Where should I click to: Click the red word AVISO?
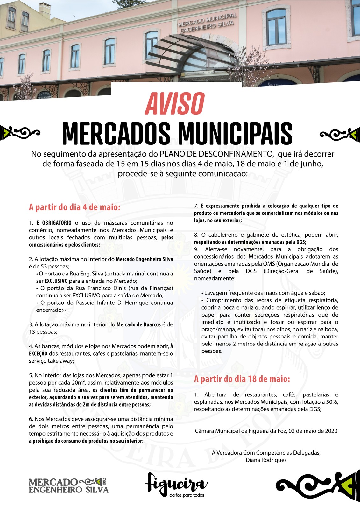pyautogui.click(x=174, y=103)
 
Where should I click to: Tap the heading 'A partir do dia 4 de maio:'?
pyautogui.click(x=75, y=207)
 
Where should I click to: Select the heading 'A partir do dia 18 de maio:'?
pyautogui.click(x=242, y=379)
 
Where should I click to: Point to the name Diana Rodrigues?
pyautogui.click(x=266, y=460)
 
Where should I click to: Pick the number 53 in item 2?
pyautogui.click(x=48, y=267)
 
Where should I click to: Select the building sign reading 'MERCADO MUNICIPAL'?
pyautogui.click(x=208, y=19)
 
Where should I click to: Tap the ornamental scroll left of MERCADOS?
pyautogui.click(x=20, y=133)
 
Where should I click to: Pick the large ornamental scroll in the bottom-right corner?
pyautogui.click(x=315, y=486)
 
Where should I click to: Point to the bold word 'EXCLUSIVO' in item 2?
pyautogui.click(x=56, y=281)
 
